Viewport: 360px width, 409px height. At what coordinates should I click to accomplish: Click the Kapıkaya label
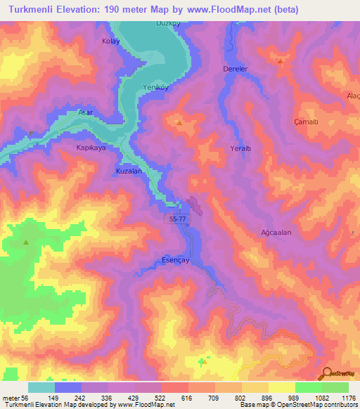pyautogui.click(x=90, y=148)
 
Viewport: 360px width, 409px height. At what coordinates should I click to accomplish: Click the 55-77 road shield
pyautogui.click(x=178, y=219)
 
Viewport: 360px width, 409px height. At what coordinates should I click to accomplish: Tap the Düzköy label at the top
pyautogui.click(x=168, y=23)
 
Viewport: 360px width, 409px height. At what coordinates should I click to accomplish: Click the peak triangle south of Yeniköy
pyautogui.click(x=179, y=124)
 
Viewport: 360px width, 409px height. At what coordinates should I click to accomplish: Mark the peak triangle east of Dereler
pyautogui.click(x=281, y=61)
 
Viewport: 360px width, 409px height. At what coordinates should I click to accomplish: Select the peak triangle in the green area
pyautogui.click(x=27, y=242)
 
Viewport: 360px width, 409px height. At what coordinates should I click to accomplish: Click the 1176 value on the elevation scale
pyautogui.click(x=348, y=398)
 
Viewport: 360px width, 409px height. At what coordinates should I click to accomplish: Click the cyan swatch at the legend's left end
pyautogui.click(x=41, y=387)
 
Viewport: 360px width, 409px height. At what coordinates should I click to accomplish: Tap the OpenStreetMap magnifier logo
pyautogui.click(x=326, y=372)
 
